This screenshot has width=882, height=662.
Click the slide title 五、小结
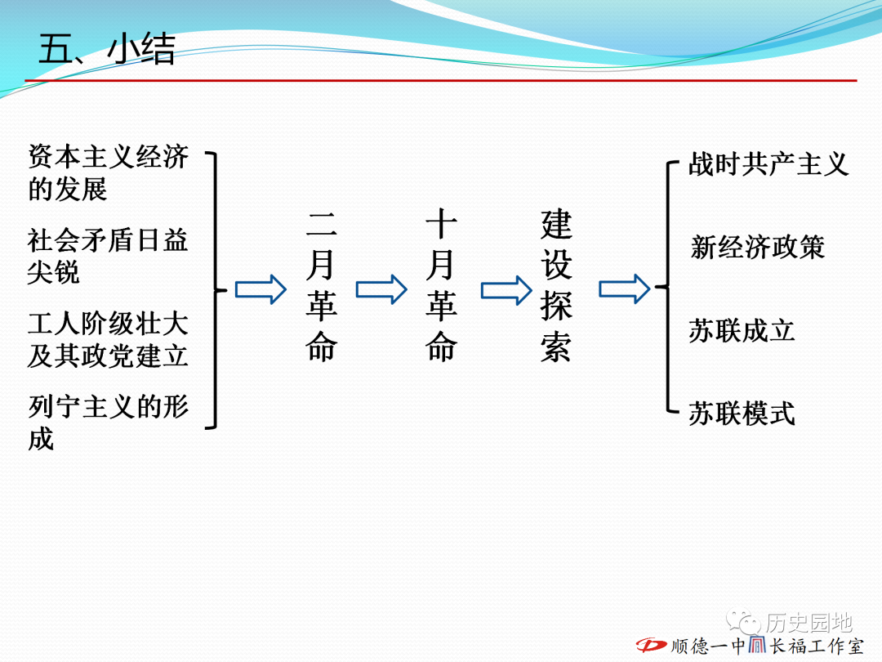click(x=107, y=49)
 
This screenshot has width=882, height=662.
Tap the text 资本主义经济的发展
click(x=108, y=172)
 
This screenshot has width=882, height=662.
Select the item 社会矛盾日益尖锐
click(x=108, y=256)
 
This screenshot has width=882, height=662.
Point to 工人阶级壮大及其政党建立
click(x=108, y=339)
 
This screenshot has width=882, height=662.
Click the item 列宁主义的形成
click(x=108, y=423)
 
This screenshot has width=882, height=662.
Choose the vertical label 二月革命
click(x=321, y=287)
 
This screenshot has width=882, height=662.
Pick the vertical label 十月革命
click(x=441, y=285)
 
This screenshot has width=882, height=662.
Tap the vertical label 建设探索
click(x=556, y=286)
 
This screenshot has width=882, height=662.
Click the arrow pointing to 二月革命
click(x=261, y=290)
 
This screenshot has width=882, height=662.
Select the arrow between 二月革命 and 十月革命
click(x=381, y=290)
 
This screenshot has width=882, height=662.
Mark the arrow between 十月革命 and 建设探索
click(x=506, y=290)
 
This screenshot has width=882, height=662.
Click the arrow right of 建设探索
click(x=625, y=289)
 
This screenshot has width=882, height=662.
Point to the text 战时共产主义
click(x=768, y=164)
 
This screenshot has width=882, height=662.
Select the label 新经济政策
click(x=758, y=248)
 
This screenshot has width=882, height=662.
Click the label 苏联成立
click(x=742, y=331)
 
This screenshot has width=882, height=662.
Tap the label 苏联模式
click(x=742, y=414)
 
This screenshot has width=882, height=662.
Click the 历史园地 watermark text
click(x=808, y=623)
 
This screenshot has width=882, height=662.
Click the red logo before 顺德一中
click(x=652, y=645)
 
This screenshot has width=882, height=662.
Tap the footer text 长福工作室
click(x=816, y=646)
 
